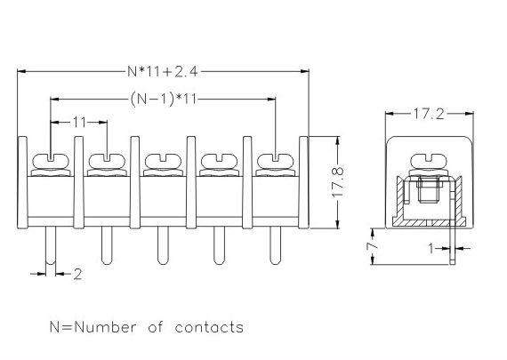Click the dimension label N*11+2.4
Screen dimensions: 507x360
click(x=162, y=71)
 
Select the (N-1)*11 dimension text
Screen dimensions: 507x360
click(x=164, y=99)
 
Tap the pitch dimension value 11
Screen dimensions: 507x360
click(x=79, y=123)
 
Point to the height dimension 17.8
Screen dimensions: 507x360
click(x=337, y=182)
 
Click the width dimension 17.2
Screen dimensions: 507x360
click(x=429, y=114)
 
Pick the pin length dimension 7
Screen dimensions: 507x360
click(x=373, y=246)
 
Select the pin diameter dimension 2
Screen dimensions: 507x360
click(x=77, y=275)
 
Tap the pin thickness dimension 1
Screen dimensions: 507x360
click(x=431, y=249)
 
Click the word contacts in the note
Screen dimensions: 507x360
click(x=209, y=327)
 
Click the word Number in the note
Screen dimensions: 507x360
click(x=106, y=327)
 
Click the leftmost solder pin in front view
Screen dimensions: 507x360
click(x=51, y=245)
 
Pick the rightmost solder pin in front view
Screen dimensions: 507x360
click(x=276, y=245)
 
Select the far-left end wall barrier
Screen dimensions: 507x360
click(x=22, y=182)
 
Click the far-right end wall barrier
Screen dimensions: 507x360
click(x=303, y=182)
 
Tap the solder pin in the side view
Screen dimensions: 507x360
click(x=453, y=226)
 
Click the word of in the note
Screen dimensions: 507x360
click(x=156, y=327)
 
